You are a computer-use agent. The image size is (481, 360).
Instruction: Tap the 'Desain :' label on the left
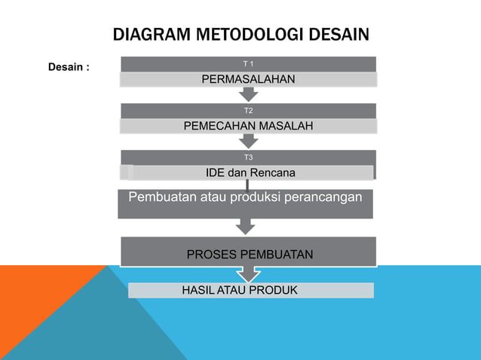click(69, 67)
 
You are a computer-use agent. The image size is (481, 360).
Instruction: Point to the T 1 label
click(247, 63)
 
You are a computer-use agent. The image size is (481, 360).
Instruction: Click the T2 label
click(248, 110)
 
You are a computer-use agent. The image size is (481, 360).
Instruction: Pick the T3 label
click(248, 157)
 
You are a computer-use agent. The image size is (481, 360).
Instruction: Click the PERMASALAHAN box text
click(247, 79)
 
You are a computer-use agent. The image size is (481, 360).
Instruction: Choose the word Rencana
click(273, 173)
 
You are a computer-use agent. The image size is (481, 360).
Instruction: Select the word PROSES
click(211, 255)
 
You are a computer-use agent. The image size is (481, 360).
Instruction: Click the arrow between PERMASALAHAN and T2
click(248, 94)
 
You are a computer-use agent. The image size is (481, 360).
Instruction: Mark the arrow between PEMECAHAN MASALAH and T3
click(248, 141)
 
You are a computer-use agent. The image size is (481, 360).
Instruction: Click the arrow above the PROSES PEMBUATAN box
click(245, 226)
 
